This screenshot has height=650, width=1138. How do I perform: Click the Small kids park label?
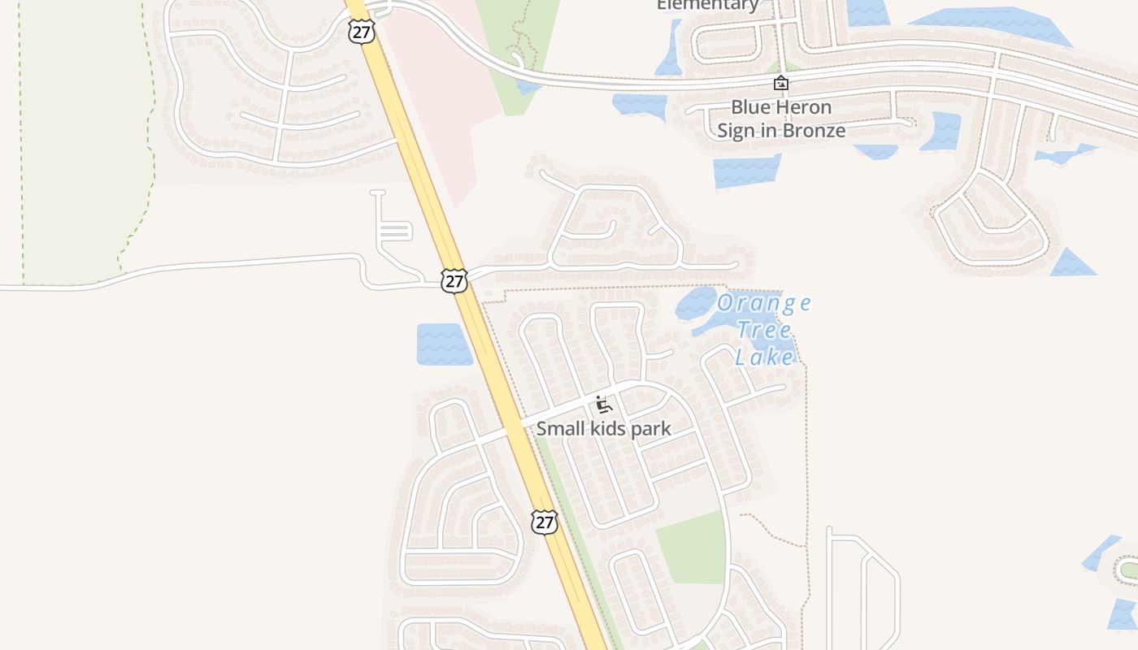tap(603, 429)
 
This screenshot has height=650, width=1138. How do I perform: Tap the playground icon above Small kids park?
tap(602, 405)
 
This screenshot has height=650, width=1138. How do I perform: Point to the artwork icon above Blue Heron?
tap(780, 83)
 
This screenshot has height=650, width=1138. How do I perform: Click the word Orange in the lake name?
tap(763, 304)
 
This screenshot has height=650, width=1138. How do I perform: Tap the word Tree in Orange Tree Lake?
tap(764, 330)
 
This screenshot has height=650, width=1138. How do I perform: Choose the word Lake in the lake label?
tap(764, 356)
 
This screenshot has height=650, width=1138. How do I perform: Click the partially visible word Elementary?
tap(707, 6)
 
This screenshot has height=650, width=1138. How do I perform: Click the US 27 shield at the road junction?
tap(454, 281)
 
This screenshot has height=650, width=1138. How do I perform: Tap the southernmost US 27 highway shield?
tap(544, 522)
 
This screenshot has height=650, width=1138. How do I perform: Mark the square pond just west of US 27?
tap(443, 344)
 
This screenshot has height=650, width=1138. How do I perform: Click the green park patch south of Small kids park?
tap(690, 548)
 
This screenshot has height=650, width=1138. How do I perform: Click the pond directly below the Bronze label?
tap(745, 171)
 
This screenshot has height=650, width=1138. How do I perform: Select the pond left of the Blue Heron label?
tap(639, 105)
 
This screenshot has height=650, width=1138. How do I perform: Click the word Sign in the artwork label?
tap(736, 131)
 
